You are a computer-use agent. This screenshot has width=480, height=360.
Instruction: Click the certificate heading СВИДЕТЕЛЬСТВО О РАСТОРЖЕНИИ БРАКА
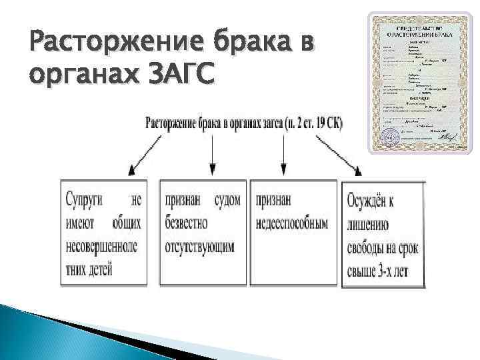[x=419, y=31]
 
